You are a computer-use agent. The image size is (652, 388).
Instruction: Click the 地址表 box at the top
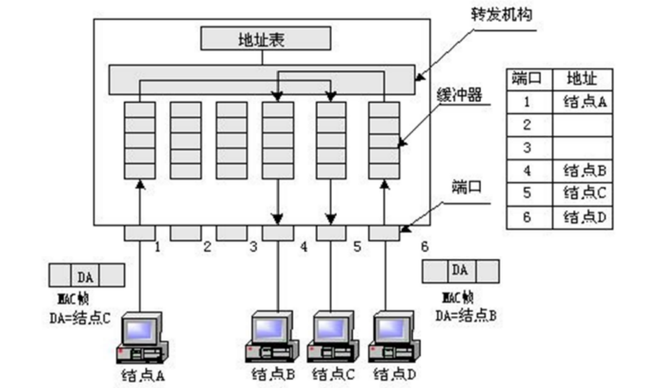[x=265, y=38]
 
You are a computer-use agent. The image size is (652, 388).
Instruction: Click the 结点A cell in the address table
[x=584, y=102]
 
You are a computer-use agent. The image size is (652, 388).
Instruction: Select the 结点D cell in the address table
[x=584, y=217]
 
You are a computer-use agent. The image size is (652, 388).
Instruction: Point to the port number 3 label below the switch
[x=254, y=247]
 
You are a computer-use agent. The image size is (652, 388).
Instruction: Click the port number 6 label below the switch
[x=424, y=247]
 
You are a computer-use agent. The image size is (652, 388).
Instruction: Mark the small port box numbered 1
[x=139, y=233]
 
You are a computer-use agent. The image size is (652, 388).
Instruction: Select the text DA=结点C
[x=86, y=319]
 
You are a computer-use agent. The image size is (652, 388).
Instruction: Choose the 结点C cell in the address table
[x=584, y=194]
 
